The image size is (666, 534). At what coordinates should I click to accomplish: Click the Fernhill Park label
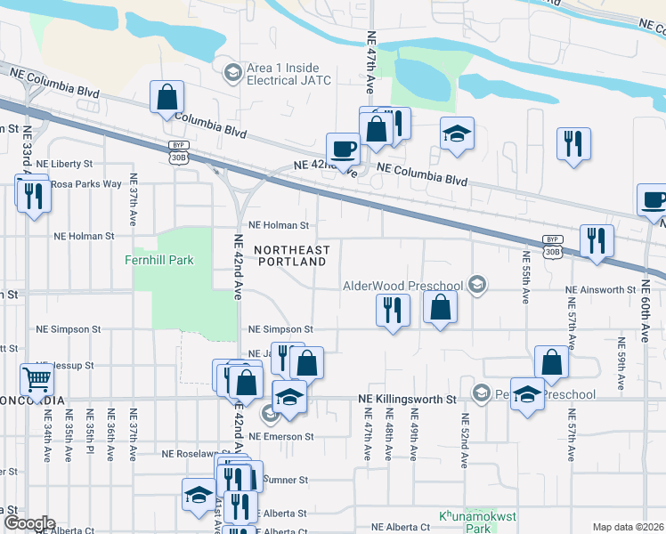pos(161,261)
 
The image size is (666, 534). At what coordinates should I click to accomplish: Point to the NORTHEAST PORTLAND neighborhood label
pos(291,255)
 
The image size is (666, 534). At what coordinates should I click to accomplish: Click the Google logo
pos(29,523)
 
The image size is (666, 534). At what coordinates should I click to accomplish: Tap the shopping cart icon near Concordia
pos(37,380)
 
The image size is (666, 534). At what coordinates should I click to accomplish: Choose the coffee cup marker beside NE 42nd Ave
pos(343,148)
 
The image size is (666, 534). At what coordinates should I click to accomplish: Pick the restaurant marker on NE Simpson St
pos(393,310)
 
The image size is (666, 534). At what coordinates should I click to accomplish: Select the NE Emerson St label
pos(281,436)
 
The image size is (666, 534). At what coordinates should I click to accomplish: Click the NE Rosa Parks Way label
pos(85,184)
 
